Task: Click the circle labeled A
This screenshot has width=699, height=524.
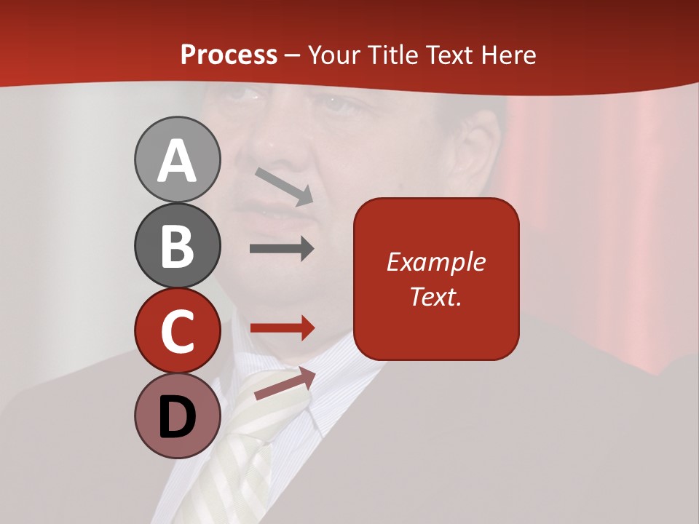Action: [177, 159]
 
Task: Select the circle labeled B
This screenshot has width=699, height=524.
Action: [177, 245]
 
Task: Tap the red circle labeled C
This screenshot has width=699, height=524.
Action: [177, 330]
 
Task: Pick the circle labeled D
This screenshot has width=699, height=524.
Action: [177, 416]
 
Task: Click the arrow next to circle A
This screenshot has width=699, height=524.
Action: [285, 186]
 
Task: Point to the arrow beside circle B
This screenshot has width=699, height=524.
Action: [282, 248]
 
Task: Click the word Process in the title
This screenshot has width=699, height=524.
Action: [229, 55]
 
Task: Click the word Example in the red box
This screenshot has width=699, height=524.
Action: [435, 263]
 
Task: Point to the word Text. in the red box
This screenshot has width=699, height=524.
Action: [435, 296]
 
